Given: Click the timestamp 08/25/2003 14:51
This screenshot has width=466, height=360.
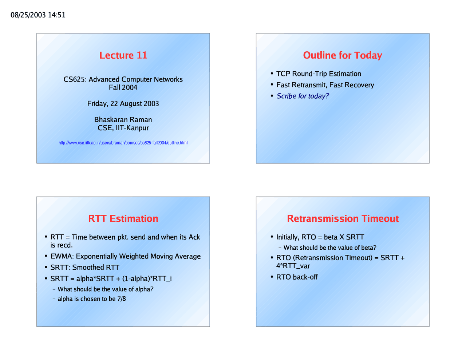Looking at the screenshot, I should coord(38,15).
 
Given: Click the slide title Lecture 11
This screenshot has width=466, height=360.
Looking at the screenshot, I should coord(123,55).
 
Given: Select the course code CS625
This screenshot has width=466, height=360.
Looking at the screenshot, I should coord(75,79).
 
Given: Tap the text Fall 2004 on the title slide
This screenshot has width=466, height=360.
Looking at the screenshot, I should coord(123,87).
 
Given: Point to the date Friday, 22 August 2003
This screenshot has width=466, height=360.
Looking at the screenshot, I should coord(123,104).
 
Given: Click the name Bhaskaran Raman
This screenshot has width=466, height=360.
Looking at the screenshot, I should coord(123,120).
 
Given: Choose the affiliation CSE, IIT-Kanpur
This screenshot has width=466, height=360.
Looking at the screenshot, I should coord(123,128).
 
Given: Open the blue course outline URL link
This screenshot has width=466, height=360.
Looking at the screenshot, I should coord(123,143).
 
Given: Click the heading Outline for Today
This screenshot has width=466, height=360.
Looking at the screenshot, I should coord(343,55).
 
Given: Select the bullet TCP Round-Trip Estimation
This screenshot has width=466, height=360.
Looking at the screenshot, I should coord(319,74).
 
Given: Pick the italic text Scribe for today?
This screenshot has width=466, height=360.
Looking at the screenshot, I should coord(303,96).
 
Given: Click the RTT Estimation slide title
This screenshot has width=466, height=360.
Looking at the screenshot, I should coord(123,219).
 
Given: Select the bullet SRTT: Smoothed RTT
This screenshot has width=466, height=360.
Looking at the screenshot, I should coord(85,268).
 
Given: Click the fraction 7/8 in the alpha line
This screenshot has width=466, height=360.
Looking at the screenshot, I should coord(122,299).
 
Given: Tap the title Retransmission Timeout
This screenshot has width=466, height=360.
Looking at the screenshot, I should coord(343,219).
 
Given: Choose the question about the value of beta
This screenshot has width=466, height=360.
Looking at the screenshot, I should coord(330,248).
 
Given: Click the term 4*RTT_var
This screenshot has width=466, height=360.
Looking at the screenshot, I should coord(293,266).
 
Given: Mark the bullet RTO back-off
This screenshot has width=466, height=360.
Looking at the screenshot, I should coord(297,277).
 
